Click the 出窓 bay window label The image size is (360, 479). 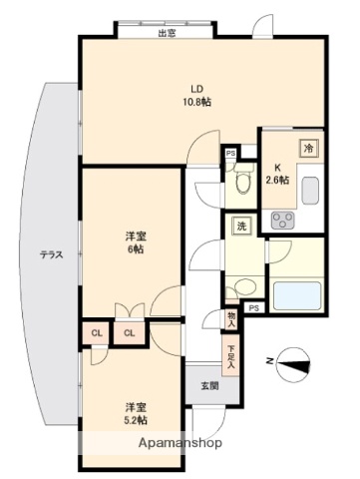click(x=167, y=33)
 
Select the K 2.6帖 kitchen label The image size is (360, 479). click(x=277, y=174)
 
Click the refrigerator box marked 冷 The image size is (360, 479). click(x=308, y=146)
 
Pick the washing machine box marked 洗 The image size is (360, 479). click(x=240, y=226)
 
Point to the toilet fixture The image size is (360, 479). click(x=240, y=184)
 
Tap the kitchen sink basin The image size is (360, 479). click(x=309, y=189)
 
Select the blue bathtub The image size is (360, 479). click(x=296, y=295)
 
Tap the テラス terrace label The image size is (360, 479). click(x=52, y=254)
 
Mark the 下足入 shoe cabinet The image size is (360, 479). click(x=231, y=356)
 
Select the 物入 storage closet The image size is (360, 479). click(x=231, y=318)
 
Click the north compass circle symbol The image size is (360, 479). click(x=292, y=364)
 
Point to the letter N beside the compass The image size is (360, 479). click(x=267, y=361)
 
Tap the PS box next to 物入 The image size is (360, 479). click(x=252, y=307)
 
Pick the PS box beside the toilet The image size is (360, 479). click(x=230, y=153)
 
